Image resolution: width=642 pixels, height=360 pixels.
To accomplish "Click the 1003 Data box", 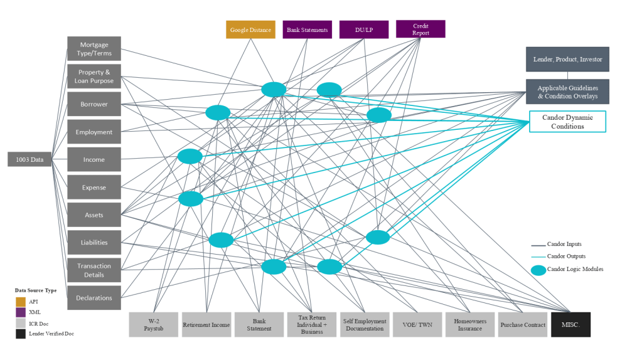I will [x=29, y=160].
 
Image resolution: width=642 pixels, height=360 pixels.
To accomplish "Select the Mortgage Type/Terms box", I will [x=94, y=49].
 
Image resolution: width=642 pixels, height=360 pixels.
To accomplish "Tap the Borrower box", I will [x=94, y=104].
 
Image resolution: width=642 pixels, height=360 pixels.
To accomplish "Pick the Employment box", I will [x=94, y=132].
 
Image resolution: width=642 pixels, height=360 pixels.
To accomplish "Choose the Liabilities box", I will [x=94, y=243].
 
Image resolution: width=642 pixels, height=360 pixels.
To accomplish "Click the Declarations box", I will [x=94, y=298].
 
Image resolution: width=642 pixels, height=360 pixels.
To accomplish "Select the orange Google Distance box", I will [x=250, y=29].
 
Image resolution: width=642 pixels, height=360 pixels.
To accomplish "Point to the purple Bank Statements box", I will [x=308, y=29].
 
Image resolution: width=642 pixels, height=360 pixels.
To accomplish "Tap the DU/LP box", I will [x=364, y=29].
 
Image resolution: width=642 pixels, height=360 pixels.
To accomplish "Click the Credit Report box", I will [x=420, y=29].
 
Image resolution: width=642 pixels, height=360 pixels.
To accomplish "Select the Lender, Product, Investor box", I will [x=567, y=59].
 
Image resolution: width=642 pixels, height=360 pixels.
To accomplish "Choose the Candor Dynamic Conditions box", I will [x=567, y=122].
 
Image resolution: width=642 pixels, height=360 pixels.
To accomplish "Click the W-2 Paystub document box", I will [x=153, y=324].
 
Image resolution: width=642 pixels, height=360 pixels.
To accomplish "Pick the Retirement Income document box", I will [x=206, y=324].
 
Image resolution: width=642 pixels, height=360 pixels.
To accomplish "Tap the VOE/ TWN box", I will [x=417, y=324].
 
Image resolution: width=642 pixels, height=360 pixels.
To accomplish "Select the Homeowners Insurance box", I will [x=470, y=324].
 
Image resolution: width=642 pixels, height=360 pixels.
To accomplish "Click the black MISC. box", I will [x=570, y=324].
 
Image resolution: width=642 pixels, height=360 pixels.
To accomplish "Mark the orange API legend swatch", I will [x=21, y=302].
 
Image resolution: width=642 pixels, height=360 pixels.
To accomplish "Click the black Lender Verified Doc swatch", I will [x=21, y=333].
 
